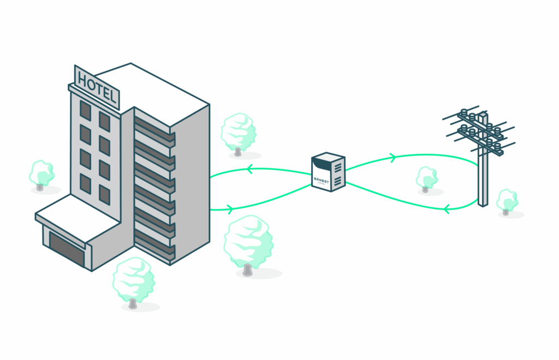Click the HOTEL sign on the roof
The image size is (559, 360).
point(98,87)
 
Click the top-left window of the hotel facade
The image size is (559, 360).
point(85,110)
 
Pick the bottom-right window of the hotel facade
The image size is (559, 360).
point(104,195)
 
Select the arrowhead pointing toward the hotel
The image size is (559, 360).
point(249,170)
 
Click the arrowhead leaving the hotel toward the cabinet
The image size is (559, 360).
point(230,208)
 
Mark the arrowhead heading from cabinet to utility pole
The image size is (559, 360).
point(392,158)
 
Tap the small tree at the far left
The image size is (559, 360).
point(41,174)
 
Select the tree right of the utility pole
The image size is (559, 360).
point(507,201)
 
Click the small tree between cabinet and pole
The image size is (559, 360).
point(427,179)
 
